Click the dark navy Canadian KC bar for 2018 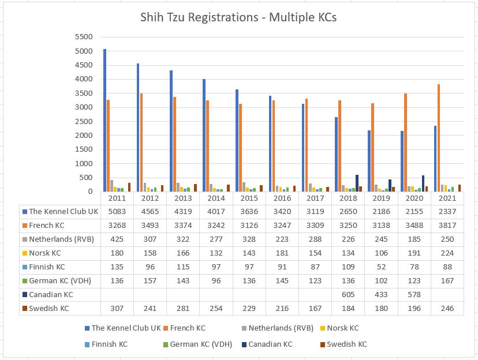pos(357,183)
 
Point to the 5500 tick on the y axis pos(84,36)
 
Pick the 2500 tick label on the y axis pos(84,121)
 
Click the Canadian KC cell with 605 pos(348,294)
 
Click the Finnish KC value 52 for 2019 pos(381,267)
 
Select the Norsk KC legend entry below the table pos(343,328)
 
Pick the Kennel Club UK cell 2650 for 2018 pos(348,211)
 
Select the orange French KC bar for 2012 pos(141,142)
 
